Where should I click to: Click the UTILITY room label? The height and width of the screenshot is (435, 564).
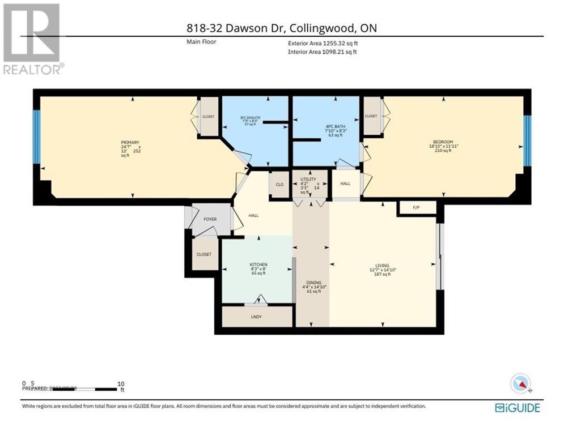point(309,180)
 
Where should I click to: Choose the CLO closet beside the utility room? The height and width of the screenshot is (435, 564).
point(279,184)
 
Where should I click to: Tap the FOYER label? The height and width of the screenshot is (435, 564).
point(209,219)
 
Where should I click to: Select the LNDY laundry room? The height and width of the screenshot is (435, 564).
point(256,316)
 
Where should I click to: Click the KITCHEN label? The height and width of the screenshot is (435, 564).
point(258,265)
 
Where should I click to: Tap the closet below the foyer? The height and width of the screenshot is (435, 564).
point(203,254)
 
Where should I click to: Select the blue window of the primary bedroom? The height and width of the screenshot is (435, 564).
point(36,135)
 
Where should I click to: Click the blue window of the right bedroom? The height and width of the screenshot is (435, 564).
point(527,141)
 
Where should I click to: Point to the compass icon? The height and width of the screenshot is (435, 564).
point(520,383)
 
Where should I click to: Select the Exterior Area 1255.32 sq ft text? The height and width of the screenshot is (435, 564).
point(323,42)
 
